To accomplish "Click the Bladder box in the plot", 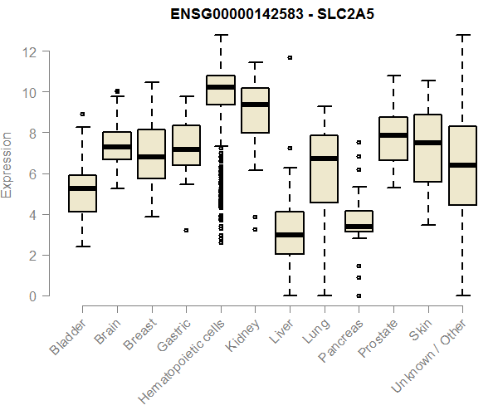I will point(82,193).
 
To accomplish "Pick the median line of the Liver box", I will point(290,235).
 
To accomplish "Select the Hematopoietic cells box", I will point(221,90).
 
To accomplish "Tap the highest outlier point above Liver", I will point(290,58).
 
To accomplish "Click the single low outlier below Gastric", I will point(186,230).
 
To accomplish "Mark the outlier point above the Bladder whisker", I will point(82,115).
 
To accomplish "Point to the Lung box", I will point(324,168).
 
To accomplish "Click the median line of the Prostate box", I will point(393,135).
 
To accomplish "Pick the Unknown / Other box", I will point(461,165).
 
